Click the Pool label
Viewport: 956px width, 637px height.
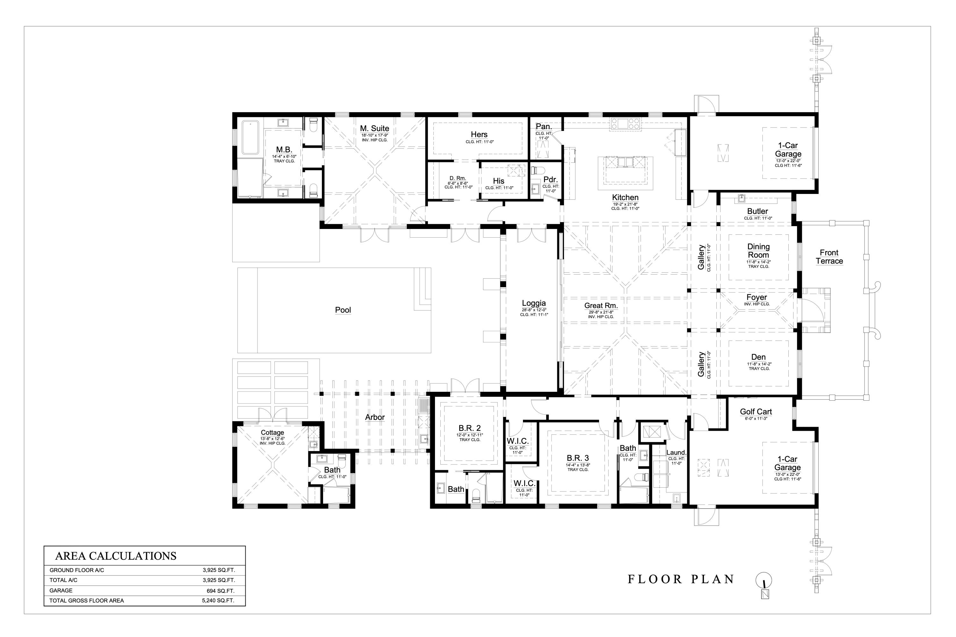(343, 310)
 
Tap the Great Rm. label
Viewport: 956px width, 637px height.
(601, 306)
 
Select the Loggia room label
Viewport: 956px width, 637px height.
(534, 303)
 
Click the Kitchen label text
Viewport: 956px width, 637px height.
(625, 197)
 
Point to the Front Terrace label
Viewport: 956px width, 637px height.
(829, 257)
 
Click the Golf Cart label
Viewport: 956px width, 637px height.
(756, 412)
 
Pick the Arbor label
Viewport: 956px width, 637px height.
(374, 417)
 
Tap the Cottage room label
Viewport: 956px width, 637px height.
(272, 433)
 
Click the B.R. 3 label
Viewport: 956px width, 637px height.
(577, 458)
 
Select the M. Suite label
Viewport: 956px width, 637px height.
(374, 128)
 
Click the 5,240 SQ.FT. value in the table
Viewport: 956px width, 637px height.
(218, 600)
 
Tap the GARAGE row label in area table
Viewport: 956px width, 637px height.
(61, 590)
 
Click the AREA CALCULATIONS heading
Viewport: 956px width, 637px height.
(116, 556)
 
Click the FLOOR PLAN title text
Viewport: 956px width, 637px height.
(681, 579)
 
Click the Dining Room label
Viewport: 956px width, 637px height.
(758, 251)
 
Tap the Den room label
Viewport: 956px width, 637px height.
(758, 357)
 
